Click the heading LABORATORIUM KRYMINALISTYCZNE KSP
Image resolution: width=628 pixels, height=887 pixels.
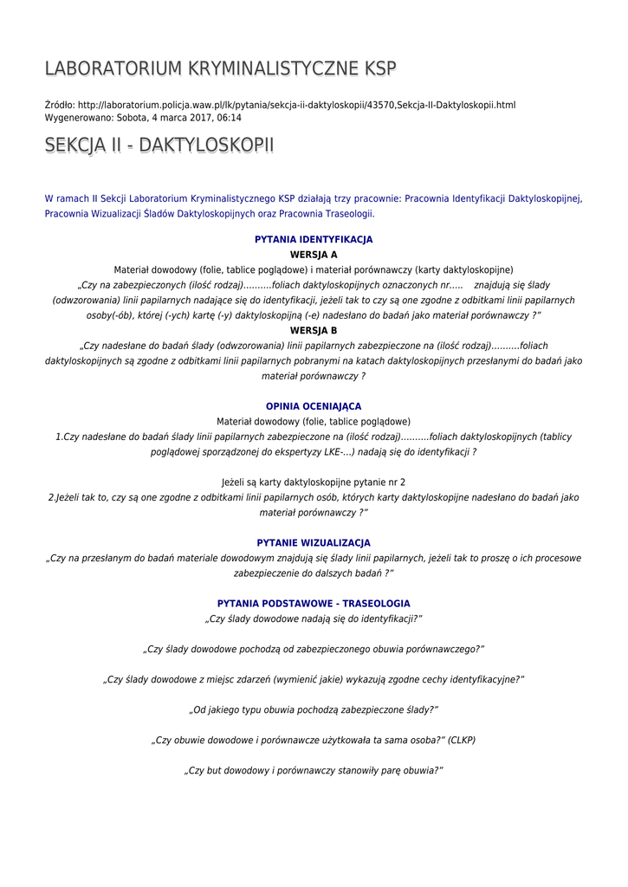[x=221, y=68]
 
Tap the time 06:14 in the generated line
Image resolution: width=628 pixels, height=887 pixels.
[x=230, y=118]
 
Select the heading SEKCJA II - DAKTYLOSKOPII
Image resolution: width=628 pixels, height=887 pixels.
[x=159, y=146]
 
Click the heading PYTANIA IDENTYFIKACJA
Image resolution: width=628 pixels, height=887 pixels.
[x=314, y=239]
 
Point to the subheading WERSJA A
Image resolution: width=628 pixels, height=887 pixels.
[x=314, y=255]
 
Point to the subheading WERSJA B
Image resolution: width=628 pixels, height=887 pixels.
[x=314, y=330]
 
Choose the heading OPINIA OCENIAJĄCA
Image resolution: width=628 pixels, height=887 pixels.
[x=314, y=406]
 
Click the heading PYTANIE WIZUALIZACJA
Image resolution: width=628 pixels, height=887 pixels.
[x=314, y=542]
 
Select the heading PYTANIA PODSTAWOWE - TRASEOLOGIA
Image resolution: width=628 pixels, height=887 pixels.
[x=314, y=603]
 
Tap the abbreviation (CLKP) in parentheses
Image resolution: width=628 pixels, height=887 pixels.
[x=462, y=740]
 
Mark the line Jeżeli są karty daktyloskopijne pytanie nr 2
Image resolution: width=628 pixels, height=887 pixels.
[x=314, y=482]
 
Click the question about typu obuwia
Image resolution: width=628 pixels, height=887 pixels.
[x=314, y=709]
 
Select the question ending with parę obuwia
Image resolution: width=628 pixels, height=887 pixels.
[x=314, y=770]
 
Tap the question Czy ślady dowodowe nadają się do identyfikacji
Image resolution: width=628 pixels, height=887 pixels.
[x=314, y=618]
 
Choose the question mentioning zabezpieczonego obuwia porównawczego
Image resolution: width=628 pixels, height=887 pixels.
[x=314, y=649]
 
